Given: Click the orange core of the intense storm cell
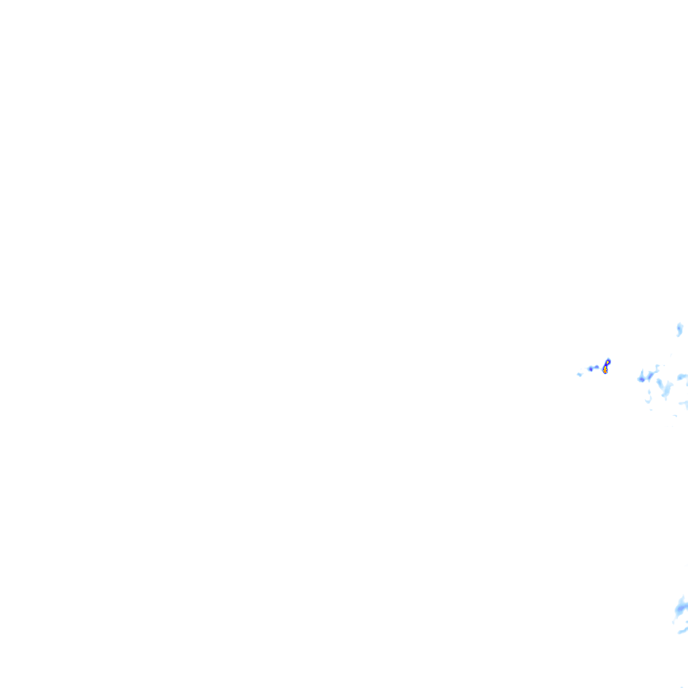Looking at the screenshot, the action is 605,370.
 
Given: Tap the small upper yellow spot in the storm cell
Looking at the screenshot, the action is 607,362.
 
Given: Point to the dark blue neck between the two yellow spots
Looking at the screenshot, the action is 606,365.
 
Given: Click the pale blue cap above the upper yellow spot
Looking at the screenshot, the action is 608,359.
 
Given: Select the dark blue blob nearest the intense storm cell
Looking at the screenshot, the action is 597,367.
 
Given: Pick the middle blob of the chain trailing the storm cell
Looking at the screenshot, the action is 591,369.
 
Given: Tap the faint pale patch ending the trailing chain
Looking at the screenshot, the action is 579,374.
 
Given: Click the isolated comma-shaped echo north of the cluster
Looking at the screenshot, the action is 679,328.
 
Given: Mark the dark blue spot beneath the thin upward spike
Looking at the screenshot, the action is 642,380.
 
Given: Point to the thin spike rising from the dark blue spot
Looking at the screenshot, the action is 642,372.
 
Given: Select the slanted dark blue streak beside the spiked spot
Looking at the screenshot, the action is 650,376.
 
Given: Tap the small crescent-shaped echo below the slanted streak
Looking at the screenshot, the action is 648,400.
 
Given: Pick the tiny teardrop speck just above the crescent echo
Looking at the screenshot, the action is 649,391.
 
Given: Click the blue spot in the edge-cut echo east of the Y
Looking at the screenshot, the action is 681,377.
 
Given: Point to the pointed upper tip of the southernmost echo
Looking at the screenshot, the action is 683,595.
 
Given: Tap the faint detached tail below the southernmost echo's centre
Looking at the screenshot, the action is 673,623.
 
